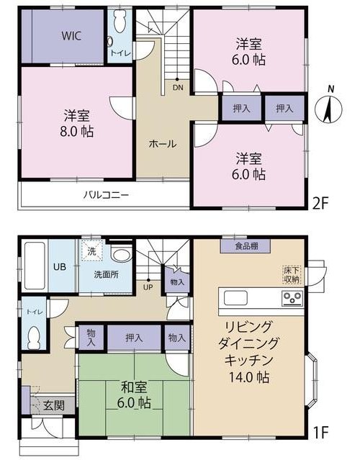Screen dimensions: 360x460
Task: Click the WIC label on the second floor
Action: [71, 36]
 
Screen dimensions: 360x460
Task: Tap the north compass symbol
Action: [328, 108]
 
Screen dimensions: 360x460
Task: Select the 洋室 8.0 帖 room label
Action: [77, 124]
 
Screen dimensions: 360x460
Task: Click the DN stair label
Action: [178, 87]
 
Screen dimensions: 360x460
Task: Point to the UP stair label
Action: [148, 287]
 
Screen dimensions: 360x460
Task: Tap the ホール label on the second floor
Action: [163, 144]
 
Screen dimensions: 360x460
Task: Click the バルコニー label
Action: [107, 195]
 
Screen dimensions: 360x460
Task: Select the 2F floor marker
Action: [320, 203]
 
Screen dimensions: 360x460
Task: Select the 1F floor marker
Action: [320, 431]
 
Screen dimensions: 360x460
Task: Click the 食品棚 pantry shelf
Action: [246, 246]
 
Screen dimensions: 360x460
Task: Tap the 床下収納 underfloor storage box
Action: [292, 275]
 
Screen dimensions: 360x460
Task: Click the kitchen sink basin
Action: [235, 298]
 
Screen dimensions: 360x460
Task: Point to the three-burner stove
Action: [292, 298]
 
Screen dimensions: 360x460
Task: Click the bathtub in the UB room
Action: [35, 266]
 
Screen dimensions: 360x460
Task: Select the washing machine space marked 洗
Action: [92, 251]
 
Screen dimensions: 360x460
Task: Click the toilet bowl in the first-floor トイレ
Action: [35, 338]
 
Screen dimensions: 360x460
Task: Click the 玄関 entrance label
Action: [54, 406]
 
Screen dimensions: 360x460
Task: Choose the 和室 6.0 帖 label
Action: [134, 395]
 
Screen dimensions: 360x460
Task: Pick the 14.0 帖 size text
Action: [249, 377]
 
